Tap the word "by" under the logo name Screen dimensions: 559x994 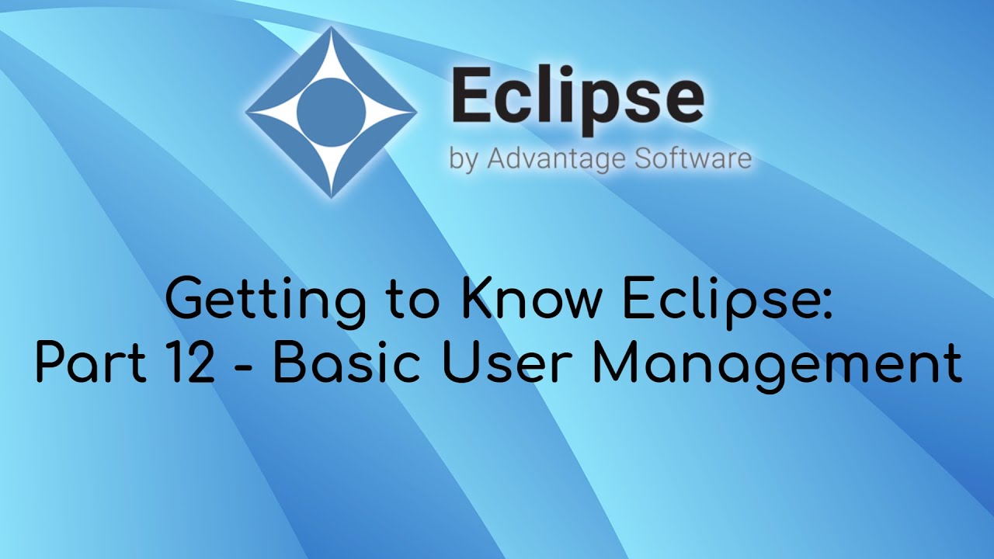tap(463, 160)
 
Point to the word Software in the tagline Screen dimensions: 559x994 tap(693, 158)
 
